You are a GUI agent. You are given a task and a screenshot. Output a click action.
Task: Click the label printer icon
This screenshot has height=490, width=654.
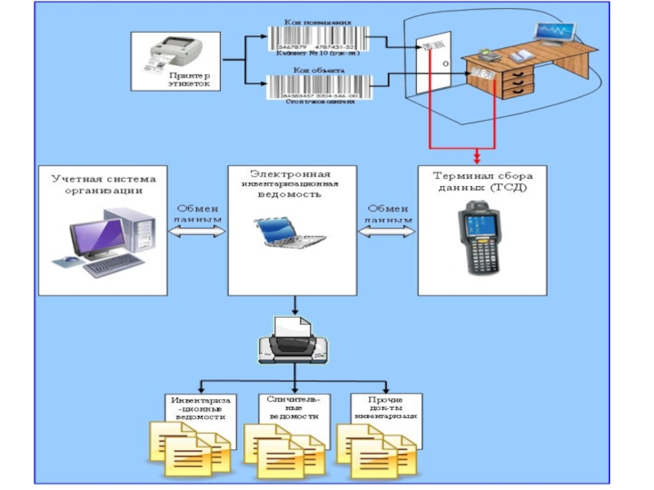176,54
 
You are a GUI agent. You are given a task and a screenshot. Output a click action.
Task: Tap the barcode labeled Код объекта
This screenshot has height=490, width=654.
318,86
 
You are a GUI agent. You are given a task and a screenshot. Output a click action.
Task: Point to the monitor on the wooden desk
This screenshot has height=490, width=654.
553,35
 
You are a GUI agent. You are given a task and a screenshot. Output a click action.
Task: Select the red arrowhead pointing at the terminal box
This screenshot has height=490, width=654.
477,158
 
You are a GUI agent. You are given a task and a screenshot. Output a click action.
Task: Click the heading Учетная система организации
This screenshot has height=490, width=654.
103,183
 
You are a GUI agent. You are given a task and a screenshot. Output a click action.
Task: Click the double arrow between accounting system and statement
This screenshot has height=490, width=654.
196,232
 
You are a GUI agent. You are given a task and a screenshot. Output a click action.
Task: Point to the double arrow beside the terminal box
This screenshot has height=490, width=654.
387,232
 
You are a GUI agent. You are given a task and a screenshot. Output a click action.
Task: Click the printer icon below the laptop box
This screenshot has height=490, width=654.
293,344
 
